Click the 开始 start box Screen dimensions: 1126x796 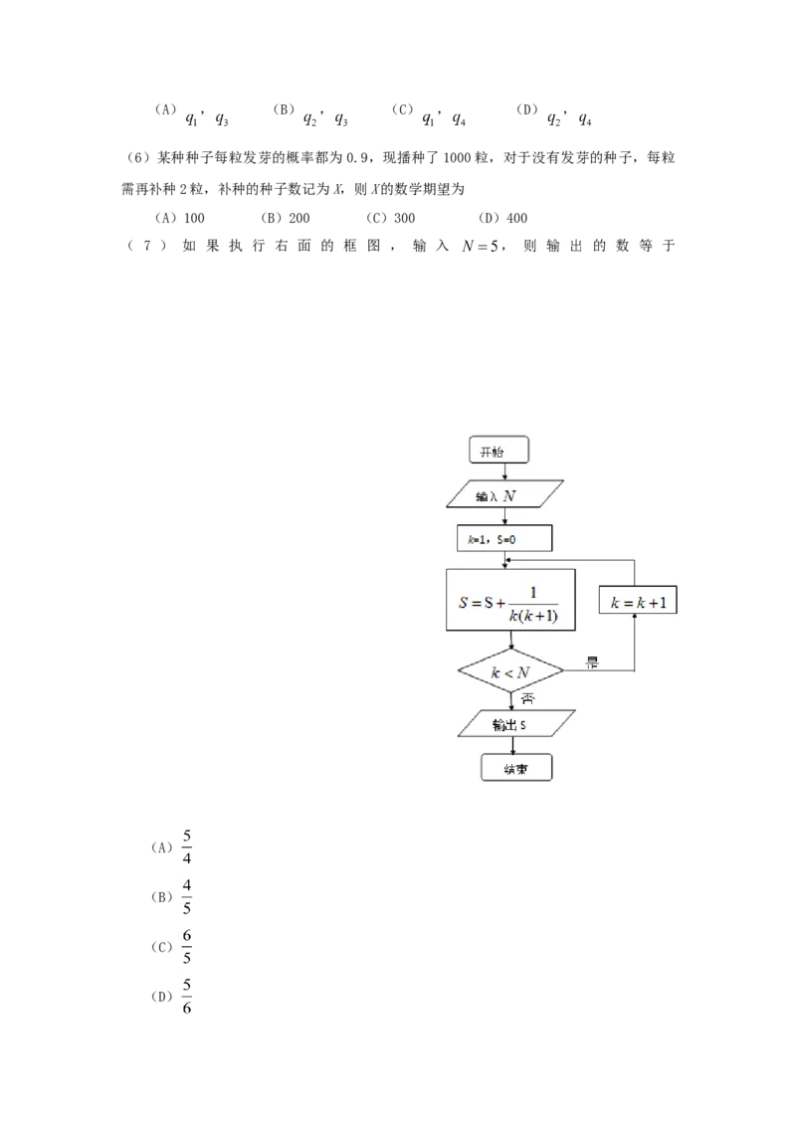(498, 452)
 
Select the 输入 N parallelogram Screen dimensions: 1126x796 (505, 494)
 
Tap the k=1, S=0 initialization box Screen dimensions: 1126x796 (503, 538)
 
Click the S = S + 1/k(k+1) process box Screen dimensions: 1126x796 (510, 600)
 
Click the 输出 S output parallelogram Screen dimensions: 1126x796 (516, 724)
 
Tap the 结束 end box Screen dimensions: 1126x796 (515, 769)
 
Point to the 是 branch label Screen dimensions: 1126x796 (592, 662)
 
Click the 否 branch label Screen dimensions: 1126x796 (527, 698)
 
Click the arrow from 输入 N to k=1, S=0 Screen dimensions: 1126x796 (505, 516)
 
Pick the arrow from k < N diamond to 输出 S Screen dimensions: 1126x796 (511, 699)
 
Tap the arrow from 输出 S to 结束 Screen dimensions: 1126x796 (513, 746)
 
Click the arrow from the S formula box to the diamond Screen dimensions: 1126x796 (510, 641)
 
